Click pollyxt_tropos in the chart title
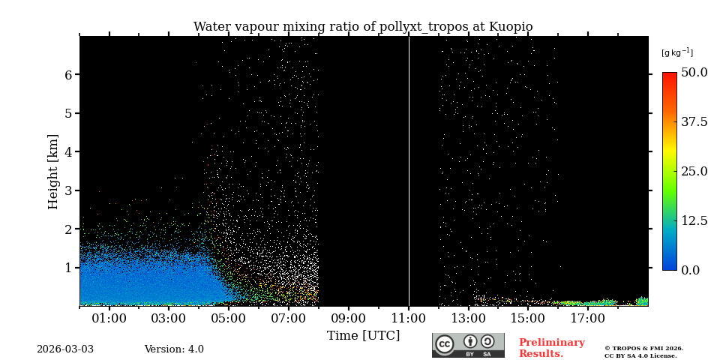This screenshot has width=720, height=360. [422, 27]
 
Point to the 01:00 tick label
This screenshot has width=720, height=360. [109, 319]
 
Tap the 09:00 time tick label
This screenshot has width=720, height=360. [349, 319]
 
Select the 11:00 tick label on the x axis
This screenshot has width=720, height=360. [409, 319]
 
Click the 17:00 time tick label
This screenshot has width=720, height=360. [588, 319]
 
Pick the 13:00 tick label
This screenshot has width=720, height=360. [469, 319]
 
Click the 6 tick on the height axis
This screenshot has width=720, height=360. [68, 75]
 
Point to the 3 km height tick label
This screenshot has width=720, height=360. [68, 190]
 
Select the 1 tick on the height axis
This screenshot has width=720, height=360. [68, 268]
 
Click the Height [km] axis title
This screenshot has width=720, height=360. [53, 171]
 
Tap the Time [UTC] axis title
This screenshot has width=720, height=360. [363, 336]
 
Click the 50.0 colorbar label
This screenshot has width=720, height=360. [694, 73]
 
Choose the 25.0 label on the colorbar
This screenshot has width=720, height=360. [694, 171]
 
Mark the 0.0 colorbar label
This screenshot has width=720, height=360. [690, 270]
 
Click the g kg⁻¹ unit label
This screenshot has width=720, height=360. [676, 52]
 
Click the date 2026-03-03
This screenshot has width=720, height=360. [65, 349]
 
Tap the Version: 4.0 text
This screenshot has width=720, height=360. [174, 349]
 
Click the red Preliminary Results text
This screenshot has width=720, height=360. [551, 348]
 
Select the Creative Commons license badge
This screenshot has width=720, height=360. [468, 345]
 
